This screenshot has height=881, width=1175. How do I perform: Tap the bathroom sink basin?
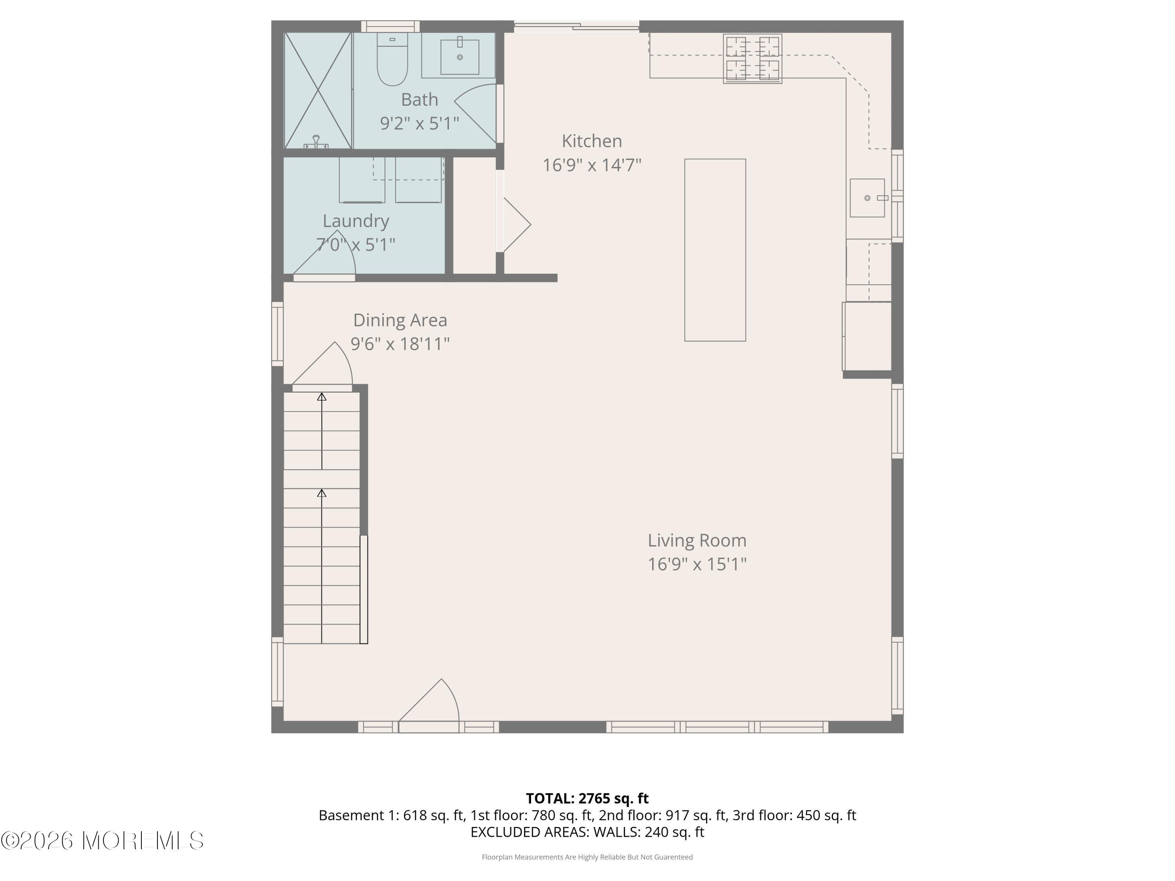coord(459,56)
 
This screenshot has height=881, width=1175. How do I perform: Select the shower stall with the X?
coord(318,90)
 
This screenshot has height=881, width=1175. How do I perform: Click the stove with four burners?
coord(752,58)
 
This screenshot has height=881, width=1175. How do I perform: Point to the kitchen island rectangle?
coord(715,249)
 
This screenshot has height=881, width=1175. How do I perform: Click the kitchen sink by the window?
coord(867,198)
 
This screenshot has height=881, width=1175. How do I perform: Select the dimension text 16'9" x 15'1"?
coord(697,564)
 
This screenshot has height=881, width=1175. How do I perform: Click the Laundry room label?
coord(356,221)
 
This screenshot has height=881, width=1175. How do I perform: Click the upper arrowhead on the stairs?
coord(322,397)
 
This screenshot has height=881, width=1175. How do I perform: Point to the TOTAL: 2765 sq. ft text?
coord(587,798)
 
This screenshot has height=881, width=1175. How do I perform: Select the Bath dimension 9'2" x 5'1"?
coord(419,124)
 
